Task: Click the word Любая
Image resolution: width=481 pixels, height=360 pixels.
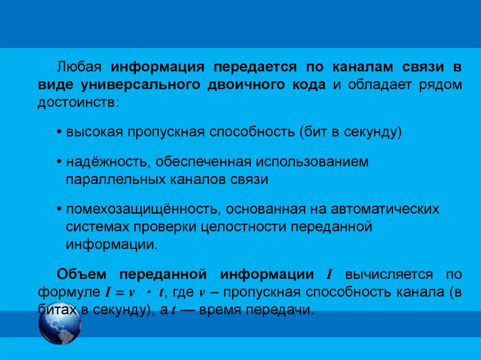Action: click(79, 67)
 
